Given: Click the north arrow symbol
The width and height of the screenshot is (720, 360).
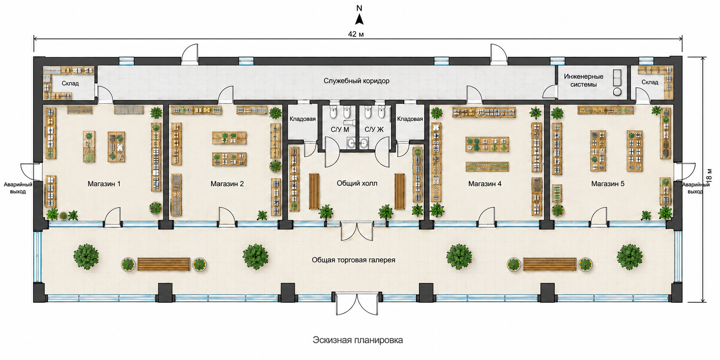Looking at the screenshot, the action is (x=359, y=19).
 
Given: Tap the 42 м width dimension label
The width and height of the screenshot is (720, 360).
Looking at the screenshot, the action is (x=356, y=34).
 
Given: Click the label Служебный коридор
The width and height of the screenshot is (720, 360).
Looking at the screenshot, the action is (x=356, y=81).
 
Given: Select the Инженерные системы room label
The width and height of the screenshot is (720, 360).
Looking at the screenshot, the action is (x=584, y=80).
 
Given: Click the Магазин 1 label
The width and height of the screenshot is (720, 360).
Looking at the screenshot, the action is (x=104, y=184).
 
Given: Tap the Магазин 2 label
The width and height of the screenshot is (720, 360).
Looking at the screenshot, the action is (x=227, y=184).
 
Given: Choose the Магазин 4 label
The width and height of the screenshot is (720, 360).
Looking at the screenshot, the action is (x=485, y=184).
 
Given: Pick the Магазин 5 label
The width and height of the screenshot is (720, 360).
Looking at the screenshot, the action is (x=608, y=184).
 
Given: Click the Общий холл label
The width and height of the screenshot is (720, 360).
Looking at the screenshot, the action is (x=357, y=183).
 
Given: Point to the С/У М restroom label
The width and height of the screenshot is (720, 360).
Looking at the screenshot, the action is (x=340, y=129).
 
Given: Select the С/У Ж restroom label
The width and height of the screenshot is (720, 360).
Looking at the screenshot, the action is (x=374, y=129).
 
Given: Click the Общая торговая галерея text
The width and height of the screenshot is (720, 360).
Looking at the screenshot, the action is (x=354, y=260).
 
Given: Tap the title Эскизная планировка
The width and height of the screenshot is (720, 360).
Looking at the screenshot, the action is (x=358, y=340).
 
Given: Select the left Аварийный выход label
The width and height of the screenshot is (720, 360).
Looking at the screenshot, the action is (x=18, y=188).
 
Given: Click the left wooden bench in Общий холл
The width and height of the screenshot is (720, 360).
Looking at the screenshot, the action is (x=314, y=191).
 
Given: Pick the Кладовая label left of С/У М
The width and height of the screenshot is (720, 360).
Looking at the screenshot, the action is (x=302, y=119).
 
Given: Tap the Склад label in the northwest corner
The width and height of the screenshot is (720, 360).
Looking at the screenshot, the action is (x=70, y=83).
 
